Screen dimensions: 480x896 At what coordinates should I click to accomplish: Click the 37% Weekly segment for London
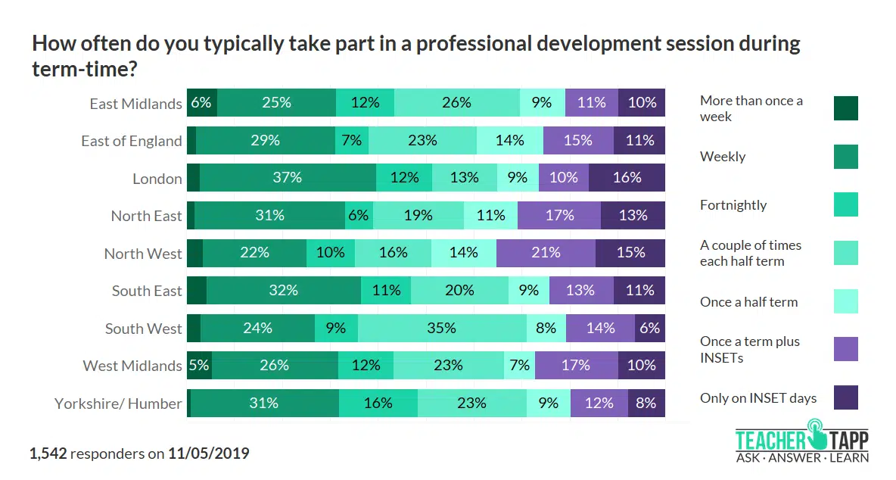[x=288, y=178]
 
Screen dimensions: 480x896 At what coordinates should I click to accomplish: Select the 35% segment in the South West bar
[x=442, y=328]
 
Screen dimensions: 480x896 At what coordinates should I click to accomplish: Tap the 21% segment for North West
[x=546, y=253]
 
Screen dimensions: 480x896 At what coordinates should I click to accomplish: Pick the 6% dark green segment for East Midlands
[x=201, y=103]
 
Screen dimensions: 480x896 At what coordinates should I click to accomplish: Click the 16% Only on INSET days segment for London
[x=627, y=178]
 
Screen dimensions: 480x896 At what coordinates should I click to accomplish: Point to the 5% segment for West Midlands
[x=199, y=365]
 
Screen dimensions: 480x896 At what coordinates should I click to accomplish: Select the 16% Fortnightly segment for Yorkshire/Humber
[x=378, y=403]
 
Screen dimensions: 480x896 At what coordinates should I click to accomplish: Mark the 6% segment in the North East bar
[x=359, y=216]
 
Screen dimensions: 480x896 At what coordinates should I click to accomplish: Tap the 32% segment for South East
[x=284, y=291]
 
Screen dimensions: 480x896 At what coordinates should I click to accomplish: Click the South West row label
[x=144, y=329]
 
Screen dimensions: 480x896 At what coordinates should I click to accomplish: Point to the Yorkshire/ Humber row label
[x=118, y=404]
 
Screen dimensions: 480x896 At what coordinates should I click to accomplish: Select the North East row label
[x=147, y=216]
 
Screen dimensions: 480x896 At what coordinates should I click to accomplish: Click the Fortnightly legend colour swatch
[x=845, y=204]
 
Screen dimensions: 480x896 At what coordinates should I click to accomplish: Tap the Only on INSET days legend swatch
[x=845, y=397]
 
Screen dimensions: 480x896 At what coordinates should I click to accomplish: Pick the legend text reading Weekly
[x=723, y=157]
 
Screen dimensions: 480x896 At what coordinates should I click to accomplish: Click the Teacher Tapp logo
[x=801, y=445]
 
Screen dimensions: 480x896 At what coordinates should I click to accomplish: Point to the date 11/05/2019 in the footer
[x=208, y=454]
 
